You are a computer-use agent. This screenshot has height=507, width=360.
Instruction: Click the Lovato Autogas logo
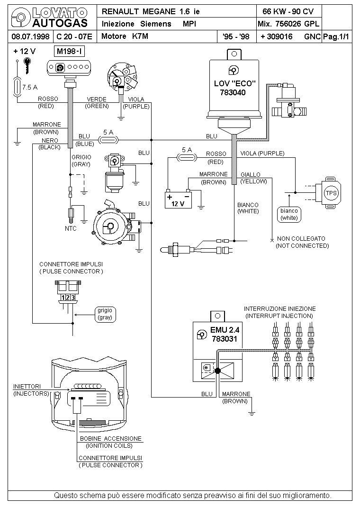[x=49, y=18]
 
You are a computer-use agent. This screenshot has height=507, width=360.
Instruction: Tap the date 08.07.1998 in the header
[x=30, y=36]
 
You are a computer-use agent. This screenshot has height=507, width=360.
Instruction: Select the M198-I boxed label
[x=70, y=51]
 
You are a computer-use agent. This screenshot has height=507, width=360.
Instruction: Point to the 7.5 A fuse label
[x=30, y=87]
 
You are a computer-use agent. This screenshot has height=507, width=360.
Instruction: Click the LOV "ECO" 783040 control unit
[x=234, y=87]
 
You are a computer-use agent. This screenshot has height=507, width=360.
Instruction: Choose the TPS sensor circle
[x=331, y=193]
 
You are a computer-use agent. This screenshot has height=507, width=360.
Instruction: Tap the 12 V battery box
[x=178, y=200]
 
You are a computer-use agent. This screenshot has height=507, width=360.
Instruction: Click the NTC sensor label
[x=71, y=228]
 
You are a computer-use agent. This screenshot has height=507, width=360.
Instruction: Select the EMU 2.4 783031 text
[x=225, y=335]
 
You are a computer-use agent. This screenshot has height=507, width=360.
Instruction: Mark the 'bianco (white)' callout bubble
[x=289, y=214]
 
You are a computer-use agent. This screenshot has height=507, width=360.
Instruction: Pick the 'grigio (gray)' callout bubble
[x=105, y=314]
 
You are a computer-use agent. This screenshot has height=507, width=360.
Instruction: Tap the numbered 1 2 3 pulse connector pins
[x=68, y=298]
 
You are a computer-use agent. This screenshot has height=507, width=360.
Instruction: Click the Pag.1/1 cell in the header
[x=336, y=36]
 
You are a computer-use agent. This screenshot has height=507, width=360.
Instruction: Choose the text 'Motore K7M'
[x=125, y=36]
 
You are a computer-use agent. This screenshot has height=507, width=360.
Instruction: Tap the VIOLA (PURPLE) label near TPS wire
[x=262, y=153]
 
